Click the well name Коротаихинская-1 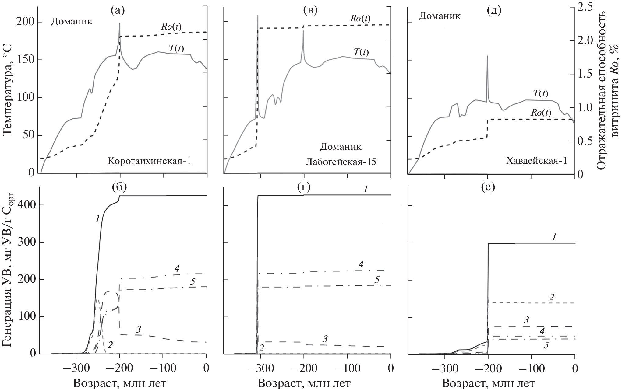coord(149,161)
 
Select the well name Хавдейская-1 coord(536,161)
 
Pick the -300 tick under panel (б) coord(76,365)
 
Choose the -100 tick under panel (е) coord(532,365)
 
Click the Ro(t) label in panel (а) coord(171,27)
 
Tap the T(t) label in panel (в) coord(361,52)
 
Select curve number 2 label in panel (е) coord(551,297)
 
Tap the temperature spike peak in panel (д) coord(487,56)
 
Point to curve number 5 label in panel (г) coord(377,280)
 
